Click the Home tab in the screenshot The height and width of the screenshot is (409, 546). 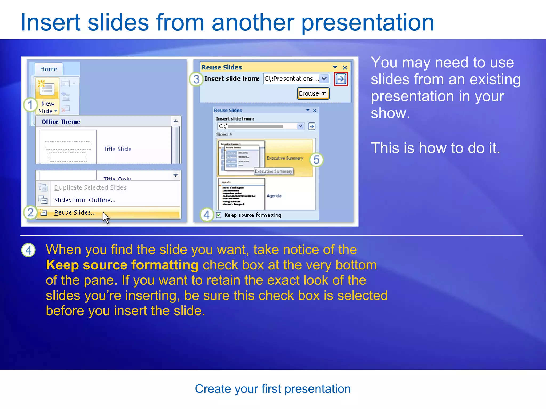[49, 69]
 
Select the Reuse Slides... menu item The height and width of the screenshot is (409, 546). [75, 212]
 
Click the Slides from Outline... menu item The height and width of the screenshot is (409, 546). [85, 200]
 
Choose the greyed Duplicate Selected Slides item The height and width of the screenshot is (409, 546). [90, 188]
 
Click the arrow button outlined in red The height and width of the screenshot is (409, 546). [341, 79]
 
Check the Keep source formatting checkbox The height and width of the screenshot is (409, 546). [219, 215]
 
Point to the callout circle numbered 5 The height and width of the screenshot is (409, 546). [316, 160]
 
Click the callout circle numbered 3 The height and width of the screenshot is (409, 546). [196, 79]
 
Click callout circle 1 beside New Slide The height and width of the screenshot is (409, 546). [30, 105]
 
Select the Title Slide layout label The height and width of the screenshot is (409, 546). [117, 149]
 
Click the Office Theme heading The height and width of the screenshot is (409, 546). [61, 122]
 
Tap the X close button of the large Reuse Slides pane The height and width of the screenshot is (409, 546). [345, 67]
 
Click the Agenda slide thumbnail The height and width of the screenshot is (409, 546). [242, 194]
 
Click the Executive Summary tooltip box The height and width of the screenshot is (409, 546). [274, 171]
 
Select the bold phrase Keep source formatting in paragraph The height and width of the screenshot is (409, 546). [122, 265]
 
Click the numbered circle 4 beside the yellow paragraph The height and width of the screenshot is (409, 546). [29, 250]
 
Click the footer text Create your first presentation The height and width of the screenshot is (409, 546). [273, 389]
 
